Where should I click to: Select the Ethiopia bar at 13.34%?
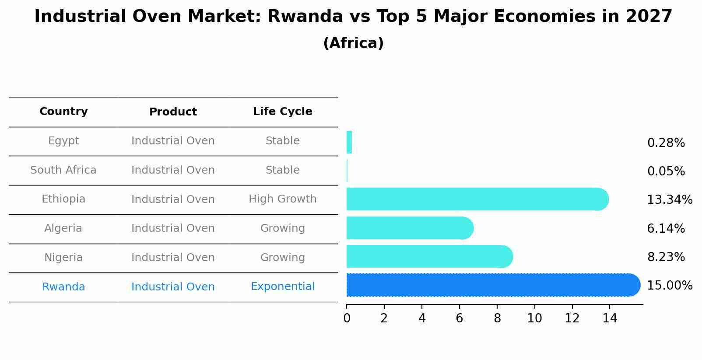(x=477, y=199)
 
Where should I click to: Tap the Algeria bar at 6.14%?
(x=410, y=228)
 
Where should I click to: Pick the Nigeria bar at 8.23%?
(x=429, y=257)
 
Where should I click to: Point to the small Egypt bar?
(x=349, y=143)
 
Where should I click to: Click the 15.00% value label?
(x=670, y=286)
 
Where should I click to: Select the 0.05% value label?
(x=666, y=171)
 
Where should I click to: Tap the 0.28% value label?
(x=666, y=143)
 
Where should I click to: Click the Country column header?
(x=63, y=112)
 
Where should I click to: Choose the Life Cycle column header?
(x=282, y=112)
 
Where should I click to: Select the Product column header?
(x=173, y=112)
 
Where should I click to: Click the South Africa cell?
(x=63, y=170)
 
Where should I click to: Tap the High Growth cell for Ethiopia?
(x=282, y=199)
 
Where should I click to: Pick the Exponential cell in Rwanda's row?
(x=282, y=287)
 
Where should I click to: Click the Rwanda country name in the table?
(x=63, y=287)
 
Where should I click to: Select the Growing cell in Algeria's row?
(x=282, y=228)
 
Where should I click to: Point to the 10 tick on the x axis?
(x=534, y=318)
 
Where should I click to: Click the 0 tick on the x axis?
(x=347, y=318)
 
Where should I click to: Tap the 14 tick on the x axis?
(x=610, y=318)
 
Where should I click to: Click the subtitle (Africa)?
(x=353, y=43)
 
